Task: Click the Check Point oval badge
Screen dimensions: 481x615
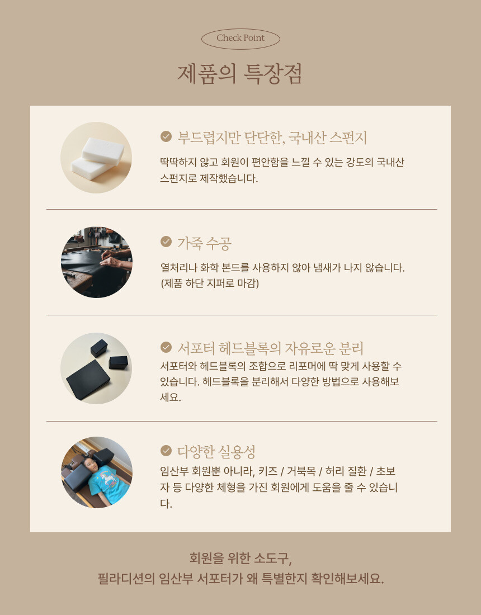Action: pyautogui.click(x=240, y=39)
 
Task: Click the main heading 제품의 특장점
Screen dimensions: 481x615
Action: pyautogui.click(x=240, y=74)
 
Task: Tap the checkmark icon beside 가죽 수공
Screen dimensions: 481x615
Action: pyautogui.click(x=166, y=242)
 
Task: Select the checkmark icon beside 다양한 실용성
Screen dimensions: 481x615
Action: pyautogui.click(x=166, y=451)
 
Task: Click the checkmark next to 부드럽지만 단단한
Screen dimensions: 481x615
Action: pyautogui.click(x=166, y=136)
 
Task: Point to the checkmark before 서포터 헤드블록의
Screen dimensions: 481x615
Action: pyautogui.click(x=166, y=347)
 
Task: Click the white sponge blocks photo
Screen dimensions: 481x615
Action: pyautogui.click(x=96, y=157)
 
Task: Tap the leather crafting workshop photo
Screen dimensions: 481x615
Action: pyautogui.click(x=97, y=262)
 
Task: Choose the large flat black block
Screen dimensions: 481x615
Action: pyautogui.click(x=88, y=380)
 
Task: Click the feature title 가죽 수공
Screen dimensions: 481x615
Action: pyautogui.click(x=204, y=243)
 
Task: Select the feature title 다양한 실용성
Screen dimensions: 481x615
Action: pyautogui.click(x=216, y=452)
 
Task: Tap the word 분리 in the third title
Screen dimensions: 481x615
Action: pyautogui.click(x=351, y=348)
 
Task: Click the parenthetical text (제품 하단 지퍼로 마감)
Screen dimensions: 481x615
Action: pyautogui.click(x=210, y=283)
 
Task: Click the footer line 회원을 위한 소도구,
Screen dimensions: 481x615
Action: pyautogui.click(x=240, y=558)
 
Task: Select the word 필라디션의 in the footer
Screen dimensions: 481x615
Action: pyautogui.click(x=126, y=579)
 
